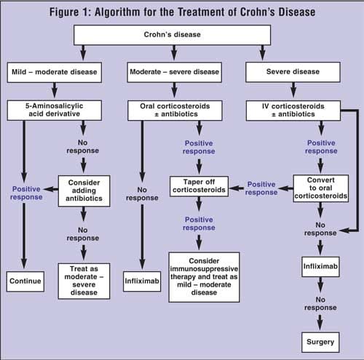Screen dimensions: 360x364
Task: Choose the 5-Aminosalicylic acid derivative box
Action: click(x=57, y=109)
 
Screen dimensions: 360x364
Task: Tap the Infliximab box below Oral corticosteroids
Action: click(x=141, y=279)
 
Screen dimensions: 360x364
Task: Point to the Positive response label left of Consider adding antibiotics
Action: click(x=25, y=193)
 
